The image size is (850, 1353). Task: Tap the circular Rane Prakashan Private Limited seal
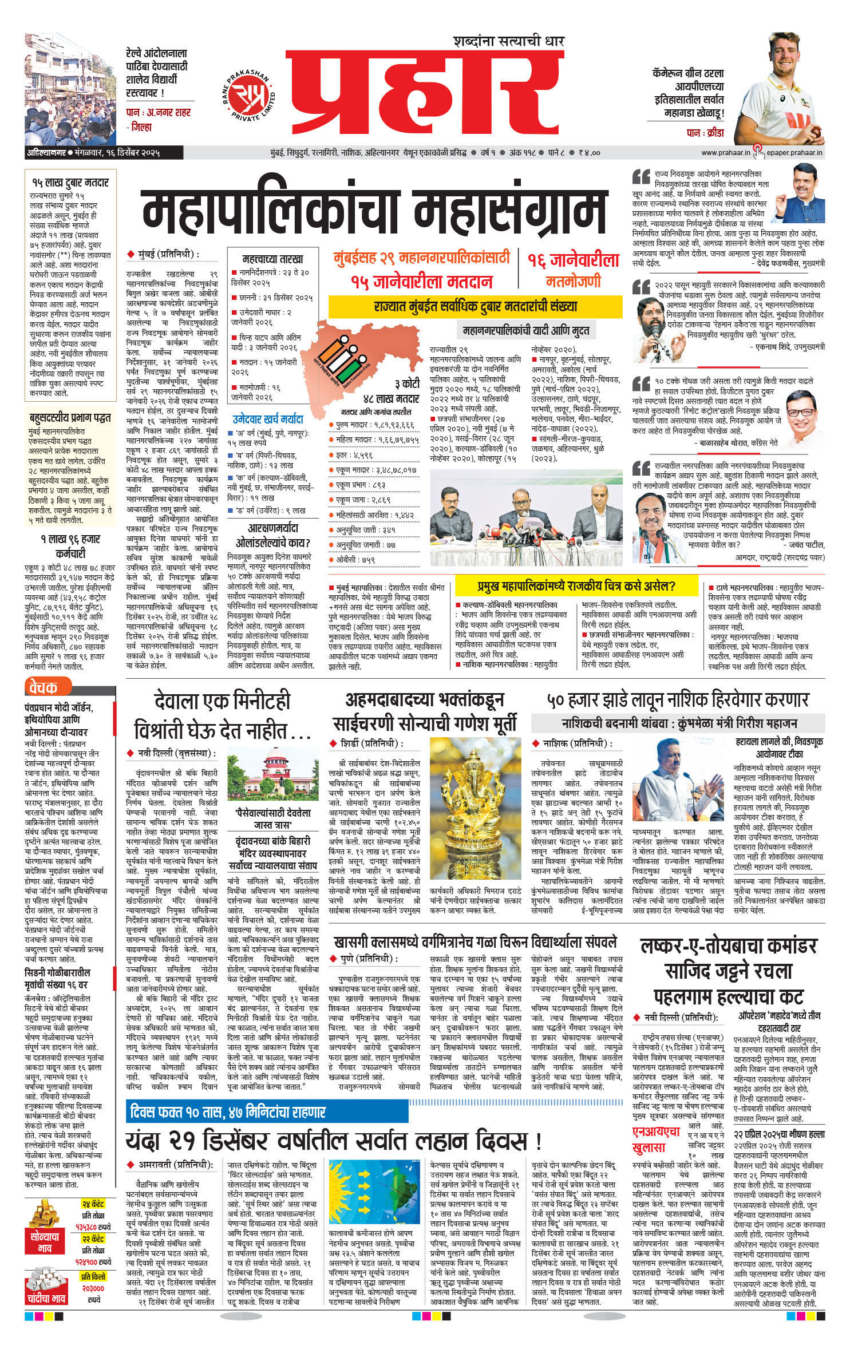coord(249,95)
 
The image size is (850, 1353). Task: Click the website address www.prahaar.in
coord(725,153)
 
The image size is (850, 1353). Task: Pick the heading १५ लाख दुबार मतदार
coord(70,183)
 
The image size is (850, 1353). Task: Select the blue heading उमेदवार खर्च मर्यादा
coord(268,419)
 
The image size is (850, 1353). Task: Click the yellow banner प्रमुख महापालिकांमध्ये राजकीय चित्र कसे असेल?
coord(576,586)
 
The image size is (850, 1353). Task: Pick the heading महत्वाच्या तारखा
coord(272,259)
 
